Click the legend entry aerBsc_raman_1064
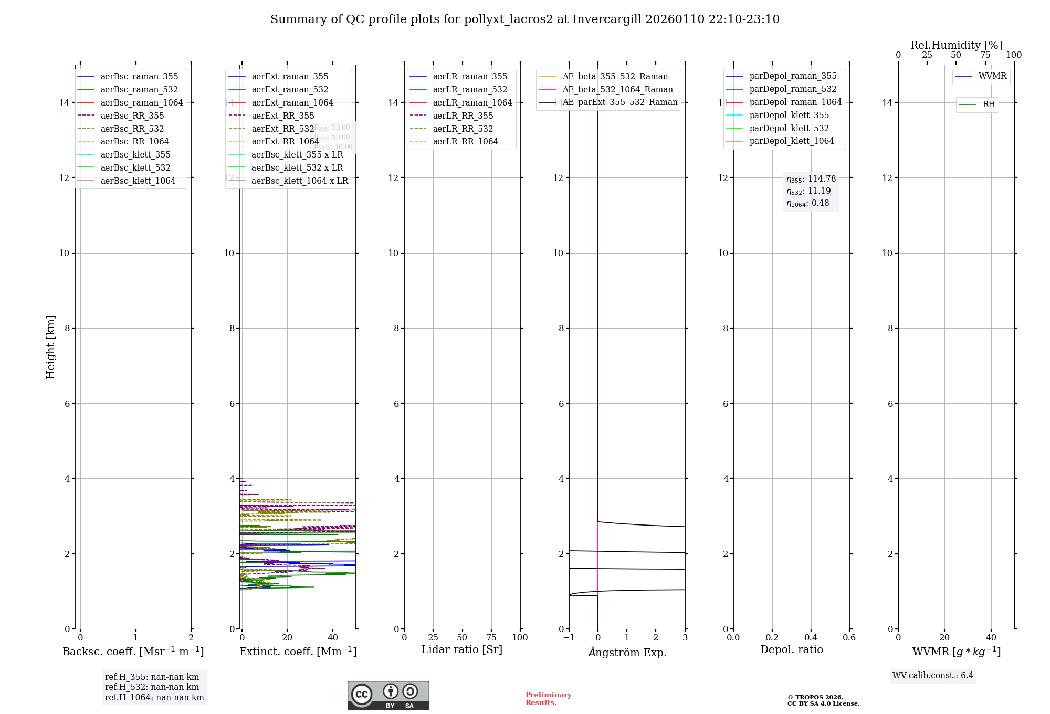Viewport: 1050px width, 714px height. click(x=142, y=102)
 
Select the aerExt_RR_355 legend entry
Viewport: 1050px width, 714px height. click(x=282, y=115)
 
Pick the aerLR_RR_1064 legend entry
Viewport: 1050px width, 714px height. click(x=465, y=141)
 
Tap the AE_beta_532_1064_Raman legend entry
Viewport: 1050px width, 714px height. click(x=617, y=89)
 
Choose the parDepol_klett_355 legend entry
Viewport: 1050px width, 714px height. click(x=789, y=115)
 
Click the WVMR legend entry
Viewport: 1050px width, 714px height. click(x=992, y=76)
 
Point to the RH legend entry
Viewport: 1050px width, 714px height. click(x=989, y=104)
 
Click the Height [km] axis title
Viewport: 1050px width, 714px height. click(x=50, y=346)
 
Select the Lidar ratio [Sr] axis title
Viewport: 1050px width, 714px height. click(x=461, y=649)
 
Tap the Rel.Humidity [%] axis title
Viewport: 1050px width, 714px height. click(x=956, y=45)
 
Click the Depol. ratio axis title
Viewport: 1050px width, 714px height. click(x=791, y=649)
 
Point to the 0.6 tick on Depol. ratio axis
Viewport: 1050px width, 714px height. click(x=849, y=638)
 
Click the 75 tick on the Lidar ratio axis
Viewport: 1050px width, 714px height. click(x=491, y=638)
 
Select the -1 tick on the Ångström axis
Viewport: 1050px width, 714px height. click(x=569, y=638)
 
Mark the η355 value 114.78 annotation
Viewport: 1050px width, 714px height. click(x=811, y=179)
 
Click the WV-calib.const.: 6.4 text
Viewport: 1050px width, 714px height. click(x=933, y=675)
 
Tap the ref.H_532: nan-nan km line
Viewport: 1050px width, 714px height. click(x=152, y=687)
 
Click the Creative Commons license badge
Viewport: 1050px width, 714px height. click(x=388, y=696)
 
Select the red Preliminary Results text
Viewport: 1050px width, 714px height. click(x=548, y=699)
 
